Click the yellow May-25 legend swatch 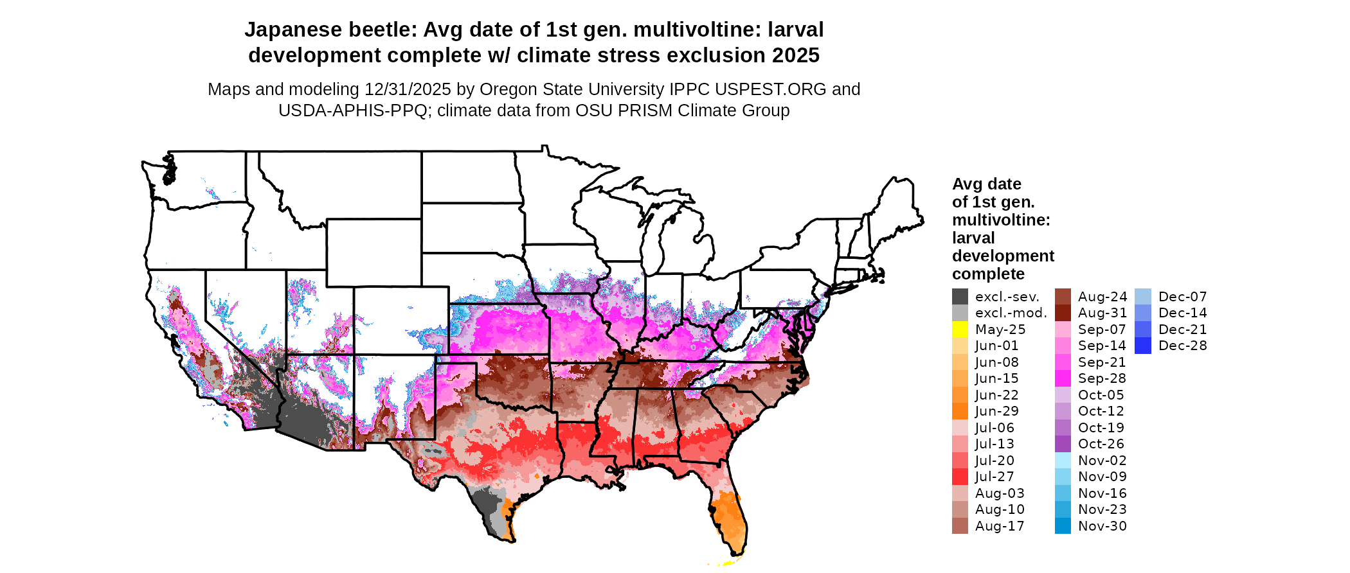point(960,330)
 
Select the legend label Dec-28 point(1182,346)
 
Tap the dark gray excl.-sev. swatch point(960,297)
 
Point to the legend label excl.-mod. point(1011,313)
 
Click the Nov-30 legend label point(1102,526)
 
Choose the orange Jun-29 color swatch point(960,411)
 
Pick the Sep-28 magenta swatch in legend point(1063,378)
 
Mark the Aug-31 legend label point(1102,313)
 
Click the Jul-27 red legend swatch point(960,477)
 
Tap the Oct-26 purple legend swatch point(1063,444)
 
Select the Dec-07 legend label point(1182,297)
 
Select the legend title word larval point(973,238)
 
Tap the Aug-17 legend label point(1000,526)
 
